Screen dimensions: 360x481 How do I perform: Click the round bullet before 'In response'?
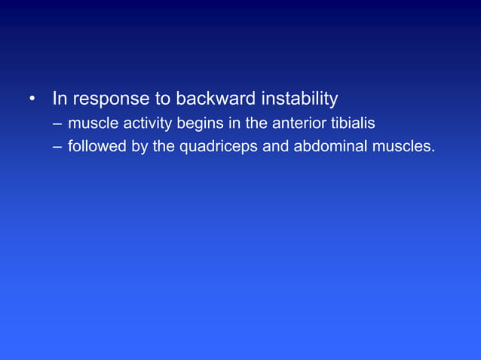coord(32,99)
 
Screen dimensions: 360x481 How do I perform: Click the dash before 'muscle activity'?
coord(57,123)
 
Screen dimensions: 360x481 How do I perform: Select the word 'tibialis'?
coord(351,123)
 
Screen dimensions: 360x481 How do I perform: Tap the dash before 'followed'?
coord(57,146)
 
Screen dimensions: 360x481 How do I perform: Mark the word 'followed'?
coord(97,146)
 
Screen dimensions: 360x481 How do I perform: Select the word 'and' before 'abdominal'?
coord(275,146)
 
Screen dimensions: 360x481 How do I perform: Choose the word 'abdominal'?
coord(329,146)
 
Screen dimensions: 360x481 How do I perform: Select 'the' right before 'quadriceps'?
coord(164,146)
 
